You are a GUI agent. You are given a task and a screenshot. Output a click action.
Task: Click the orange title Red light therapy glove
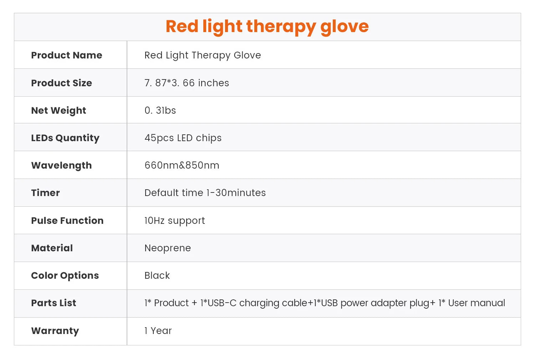click(x=267, y=27)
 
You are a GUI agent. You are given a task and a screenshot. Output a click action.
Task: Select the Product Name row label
click(x=67, y=55)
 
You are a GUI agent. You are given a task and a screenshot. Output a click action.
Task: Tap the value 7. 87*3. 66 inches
click(x=187, y=83)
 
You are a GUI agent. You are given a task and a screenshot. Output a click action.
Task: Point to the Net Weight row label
click(x=58, y=110)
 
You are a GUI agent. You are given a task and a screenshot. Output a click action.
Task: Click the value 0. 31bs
click(x=160, y=110)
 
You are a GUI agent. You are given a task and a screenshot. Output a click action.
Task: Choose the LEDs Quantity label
click(x=65, y=138)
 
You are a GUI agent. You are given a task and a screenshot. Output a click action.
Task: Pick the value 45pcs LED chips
click(x=183, y=138)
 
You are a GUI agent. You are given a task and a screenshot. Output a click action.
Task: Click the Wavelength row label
click(x=61, y=165)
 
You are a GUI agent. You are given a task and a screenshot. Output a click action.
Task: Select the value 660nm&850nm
click(x=182, y=165)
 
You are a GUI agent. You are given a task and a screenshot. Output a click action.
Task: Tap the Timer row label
click(x=45, y=192)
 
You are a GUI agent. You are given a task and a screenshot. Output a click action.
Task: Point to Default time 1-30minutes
click(x=205, y=192)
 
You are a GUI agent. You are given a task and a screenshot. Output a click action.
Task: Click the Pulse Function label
click(x=67, y=220)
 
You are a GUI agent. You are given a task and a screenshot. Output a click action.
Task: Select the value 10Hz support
click(x=175, y=221)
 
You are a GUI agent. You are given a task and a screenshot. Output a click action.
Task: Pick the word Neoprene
click(x=168, y=248)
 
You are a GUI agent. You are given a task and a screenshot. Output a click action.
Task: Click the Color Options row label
click(x=65, y=276)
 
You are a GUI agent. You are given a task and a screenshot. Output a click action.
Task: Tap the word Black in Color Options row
click(x=157, y=276)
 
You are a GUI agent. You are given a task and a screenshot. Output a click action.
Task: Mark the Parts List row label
click(x=54, y=303)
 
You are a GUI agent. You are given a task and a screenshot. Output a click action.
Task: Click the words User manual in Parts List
click(x=477, y=303)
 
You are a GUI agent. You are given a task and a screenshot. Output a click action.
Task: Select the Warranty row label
click(x=55, y=331)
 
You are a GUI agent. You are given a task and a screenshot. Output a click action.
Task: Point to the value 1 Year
click(x=158, y=331)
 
